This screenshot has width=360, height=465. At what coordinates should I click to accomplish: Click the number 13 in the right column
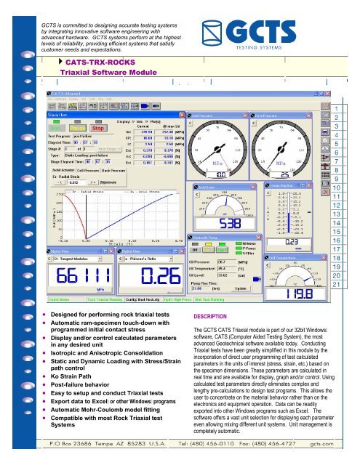pyautogui.click(x=337, y=194)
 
